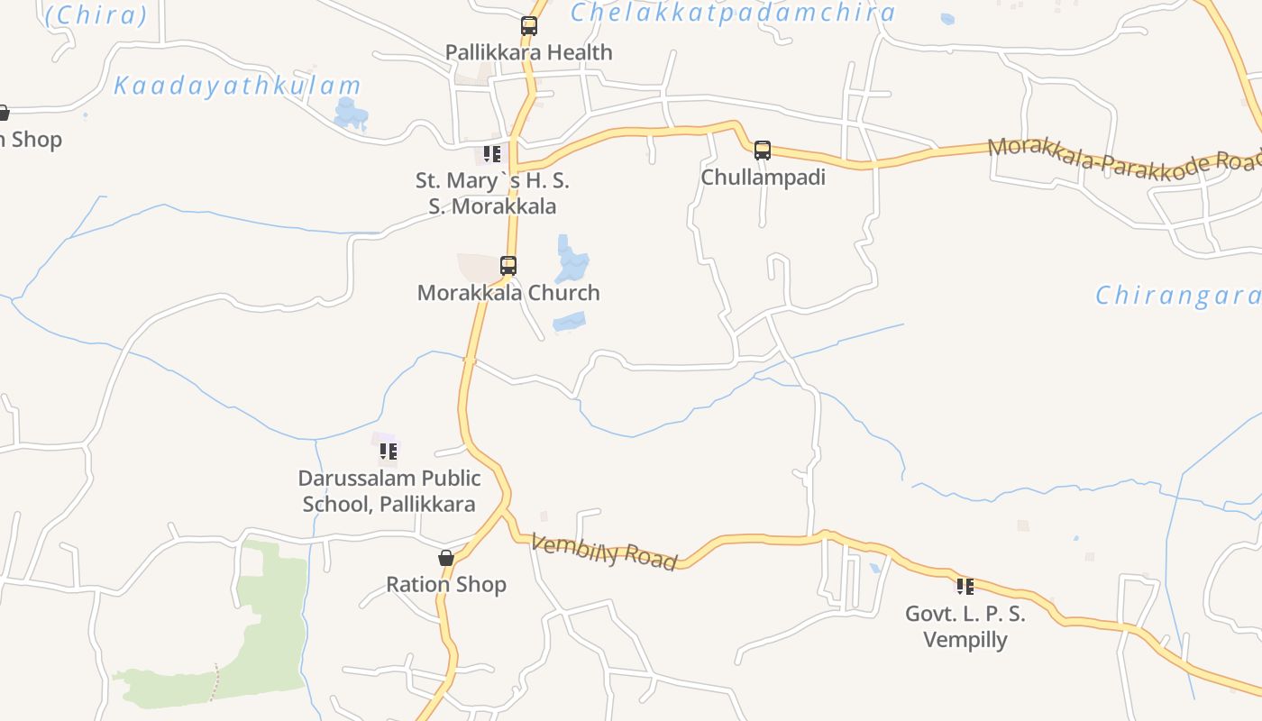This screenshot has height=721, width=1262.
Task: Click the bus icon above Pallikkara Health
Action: (529, 26)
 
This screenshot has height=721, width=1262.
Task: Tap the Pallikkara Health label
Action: (529, 52)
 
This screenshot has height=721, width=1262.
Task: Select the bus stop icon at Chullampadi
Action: (763, 151)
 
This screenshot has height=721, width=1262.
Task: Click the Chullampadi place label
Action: (763, 177)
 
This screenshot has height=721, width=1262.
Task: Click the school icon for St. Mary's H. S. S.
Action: (491, 154)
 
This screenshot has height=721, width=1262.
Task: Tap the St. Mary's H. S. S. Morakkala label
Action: (492, 193)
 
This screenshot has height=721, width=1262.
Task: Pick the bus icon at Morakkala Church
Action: (508, 266)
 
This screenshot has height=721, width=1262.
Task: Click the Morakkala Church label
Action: (508, 293)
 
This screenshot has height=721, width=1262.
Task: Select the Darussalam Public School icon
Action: (389, 451)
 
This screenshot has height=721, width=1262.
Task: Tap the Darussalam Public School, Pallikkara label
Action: (389, 490)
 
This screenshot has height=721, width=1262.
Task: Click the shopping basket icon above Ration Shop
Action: (446, 558)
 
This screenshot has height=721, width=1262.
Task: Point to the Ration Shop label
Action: (446, 584)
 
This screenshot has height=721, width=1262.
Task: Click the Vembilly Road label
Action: (603, 552)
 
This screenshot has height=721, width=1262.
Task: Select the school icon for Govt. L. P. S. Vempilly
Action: (965, 587)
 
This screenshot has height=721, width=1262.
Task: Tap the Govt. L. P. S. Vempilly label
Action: (965, 626)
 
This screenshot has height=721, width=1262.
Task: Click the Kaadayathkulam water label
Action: (237, 87)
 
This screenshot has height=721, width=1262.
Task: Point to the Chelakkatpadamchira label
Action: (734, 13)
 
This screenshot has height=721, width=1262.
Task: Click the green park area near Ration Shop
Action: (270, 613)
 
